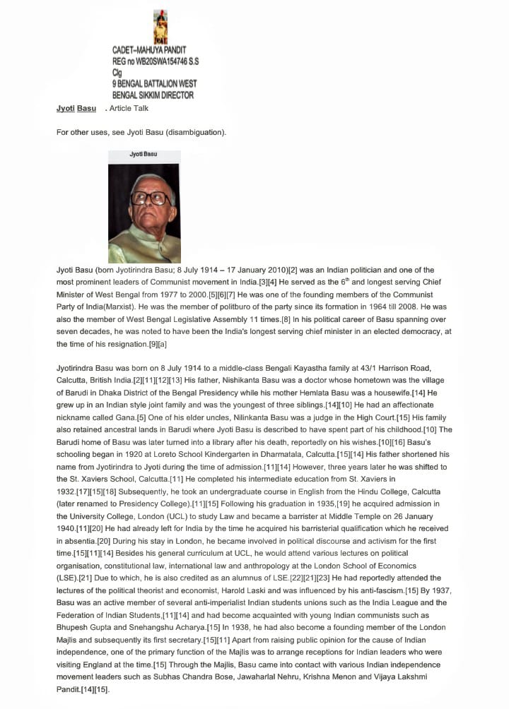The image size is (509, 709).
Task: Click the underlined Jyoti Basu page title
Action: pos(76,109)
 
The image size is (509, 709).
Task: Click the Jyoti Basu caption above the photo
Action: pos(144,153)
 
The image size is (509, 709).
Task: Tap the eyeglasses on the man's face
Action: pos(147,198)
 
